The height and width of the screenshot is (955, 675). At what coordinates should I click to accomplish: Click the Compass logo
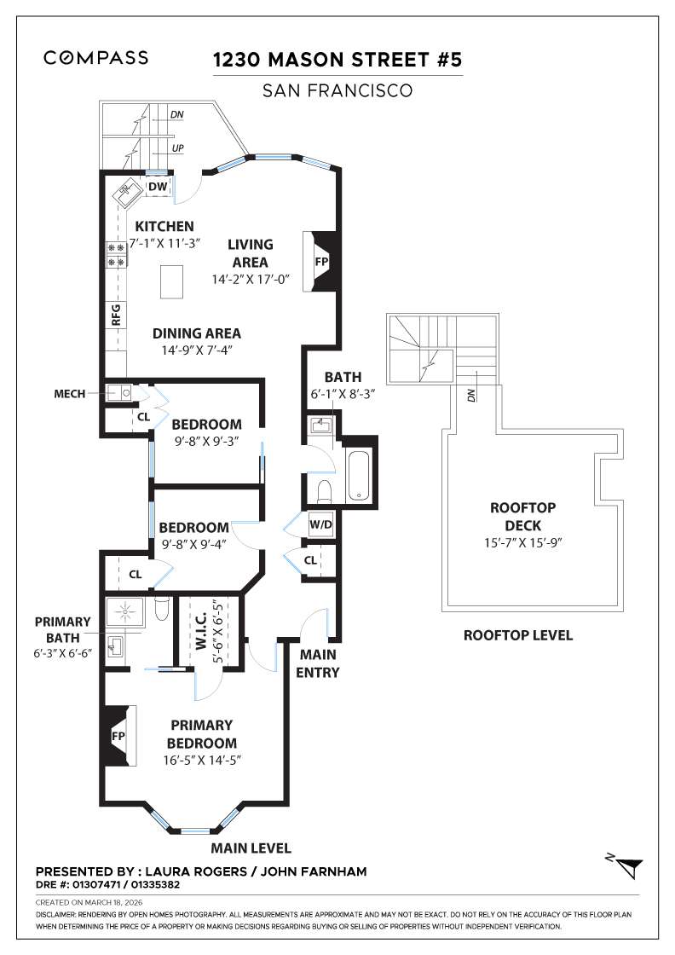[95, 58]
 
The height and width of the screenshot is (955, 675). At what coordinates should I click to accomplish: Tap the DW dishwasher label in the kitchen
[158, 187]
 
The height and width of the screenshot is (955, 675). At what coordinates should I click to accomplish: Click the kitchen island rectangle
[173, 281]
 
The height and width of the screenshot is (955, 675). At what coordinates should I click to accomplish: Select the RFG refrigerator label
[115, 315]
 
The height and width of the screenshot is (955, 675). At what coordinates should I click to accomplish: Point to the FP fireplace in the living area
[320, 262]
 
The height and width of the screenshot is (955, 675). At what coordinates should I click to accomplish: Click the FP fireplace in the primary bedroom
[118, 735]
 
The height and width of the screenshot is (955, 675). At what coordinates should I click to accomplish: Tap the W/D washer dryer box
[320, 524]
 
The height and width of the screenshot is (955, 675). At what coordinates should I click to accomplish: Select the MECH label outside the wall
[68, 394]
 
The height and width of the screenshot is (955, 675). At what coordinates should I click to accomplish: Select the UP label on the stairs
[177, 148]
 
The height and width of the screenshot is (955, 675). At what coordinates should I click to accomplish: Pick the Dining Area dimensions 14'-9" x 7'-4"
[196, 350]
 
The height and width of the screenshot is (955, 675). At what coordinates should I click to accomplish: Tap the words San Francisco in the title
[337, 90]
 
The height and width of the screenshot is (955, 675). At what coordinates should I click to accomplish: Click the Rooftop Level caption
[517, 635]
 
